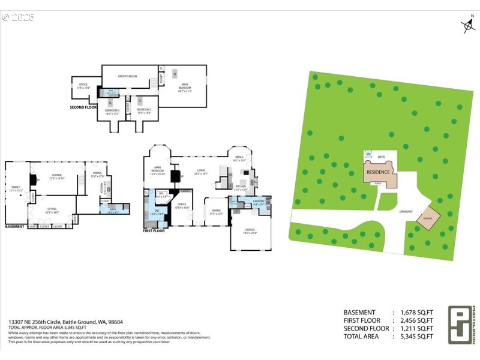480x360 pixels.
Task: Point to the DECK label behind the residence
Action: click(x=381, y=157)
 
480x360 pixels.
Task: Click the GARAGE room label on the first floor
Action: click(x=249, y=230)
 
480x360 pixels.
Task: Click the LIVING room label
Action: click(x=201, y=172)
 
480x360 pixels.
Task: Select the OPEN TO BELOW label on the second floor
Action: click(x=128, y=76)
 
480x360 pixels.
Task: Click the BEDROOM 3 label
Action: click(x=112, y=110)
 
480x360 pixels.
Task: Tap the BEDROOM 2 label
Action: click(x=144, y=110)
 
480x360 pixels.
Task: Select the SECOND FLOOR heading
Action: click(x=83, y=107)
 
